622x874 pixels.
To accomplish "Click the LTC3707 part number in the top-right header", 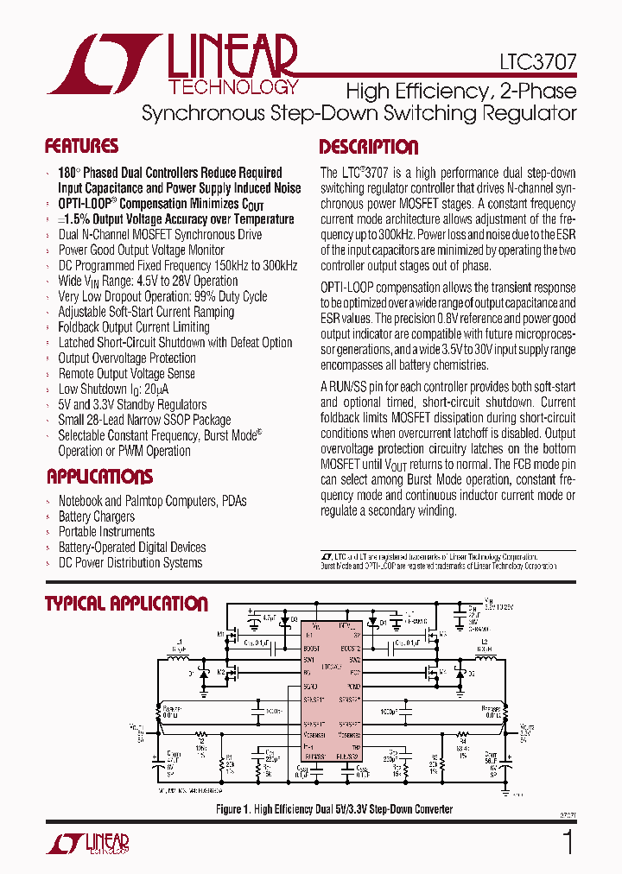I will click(537, 63).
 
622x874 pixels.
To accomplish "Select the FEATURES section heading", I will click(81, 146).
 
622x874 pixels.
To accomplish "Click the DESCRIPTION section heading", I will click(369, 147).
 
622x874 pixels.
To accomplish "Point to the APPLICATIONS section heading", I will click(99, 477).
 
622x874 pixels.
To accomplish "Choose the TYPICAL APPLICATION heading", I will click(126, 604).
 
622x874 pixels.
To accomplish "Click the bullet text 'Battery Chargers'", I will click(96, 516).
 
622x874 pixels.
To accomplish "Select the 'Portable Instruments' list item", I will click(106, 532).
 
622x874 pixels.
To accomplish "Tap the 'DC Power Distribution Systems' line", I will click(130, 563).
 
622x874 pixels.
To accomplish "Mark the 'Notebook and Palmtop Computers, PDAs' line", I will click(152, 501).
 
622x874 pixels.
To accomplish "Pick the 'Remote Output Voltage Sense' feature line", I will click(126, 374).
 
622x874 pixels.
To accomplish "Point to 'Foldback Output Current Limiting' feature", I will click(134, 327).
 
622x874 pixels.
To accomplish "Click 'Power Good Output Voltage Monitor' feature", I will click(143, 250).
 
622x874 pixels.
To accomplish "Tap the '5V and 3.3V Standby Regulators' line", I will click(132, 405).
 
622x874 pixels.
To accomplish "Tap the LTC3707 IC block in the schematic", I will click(330, 700).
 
